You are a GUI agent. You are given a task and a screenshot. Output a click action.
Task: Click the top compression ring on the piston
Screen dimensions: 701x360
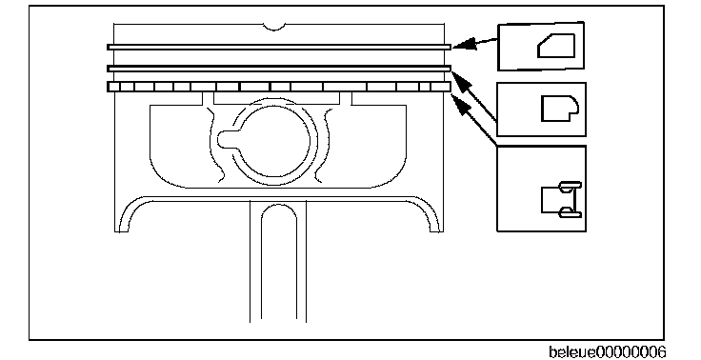pos(279,47)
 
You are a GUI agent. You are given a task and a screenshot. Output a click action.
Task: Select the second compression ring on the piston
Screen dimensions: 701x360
pos(279,69)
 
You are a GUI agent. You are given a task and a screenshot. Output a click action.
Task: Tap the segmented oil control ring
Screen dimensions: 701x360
pos(279,87)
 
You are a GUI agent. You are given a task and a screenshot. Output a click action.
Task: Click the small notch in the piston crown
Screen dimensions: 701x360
pos(274,28)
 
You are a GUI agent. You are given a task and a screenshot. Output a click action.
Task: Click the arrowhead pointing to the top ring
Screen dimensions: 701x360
pos(465,44)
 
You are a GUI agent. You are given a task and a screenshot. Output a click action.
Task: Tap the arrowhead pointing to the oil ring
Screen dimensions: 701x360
pos(460,104)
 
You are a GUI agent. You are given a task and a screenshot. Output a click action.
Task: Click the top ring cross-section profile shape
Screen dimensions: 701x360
pos(556,46)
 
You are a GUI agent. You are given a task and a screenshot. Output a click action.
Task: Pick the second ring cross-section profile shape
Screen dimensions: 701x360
pos(560,109)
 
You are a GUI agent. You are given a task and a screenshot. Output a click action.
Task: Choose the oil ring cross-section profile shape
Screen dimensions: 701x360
pos(562,199)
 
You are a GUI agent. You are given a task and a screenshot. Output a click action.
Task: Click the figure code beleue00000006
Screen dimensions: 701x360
pos(607,352)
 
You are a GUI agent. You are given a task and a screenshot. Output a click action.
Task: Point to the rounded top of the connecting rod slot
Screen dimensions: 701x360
pos(279,207)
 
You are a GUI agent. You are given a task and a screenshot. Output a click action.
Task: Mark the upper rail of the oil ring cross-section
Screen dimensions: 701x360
pos(571,186)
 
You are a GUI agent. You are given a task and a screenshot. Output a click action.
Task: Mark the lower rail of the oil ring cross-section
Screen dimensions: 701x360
pos(571,212)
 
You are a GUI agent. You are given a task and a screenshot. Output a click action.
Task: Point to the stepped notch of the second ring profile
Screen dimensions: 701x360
pos(573,116)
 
